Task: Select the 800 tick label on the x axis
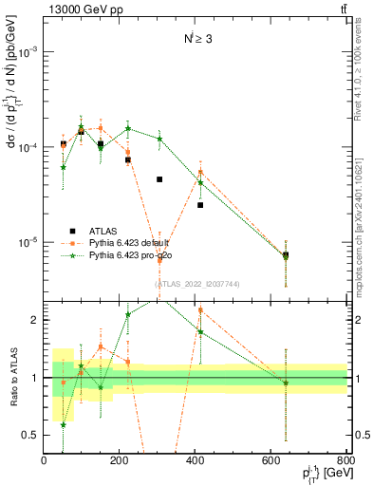click(344, 460)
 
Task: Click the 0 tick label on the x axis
click(44, 460)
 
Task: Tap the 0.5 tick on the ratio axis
click(32, 435)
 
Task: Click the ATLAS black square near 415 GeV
click(200, 205)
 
